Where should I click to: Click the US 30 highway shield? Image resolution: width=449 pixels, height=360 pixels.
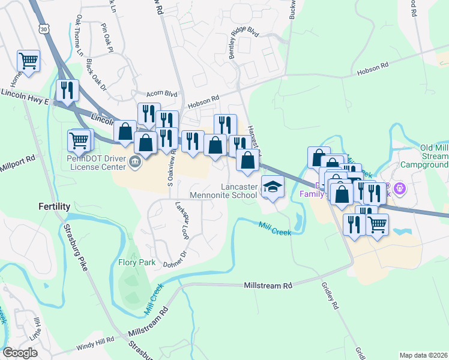coord(41,28)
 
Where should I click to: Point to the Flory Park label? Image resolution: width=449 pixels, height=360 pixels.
coord(136,262)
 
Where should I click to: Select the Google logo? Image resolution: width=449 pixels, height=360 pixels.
coord(20,353)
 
